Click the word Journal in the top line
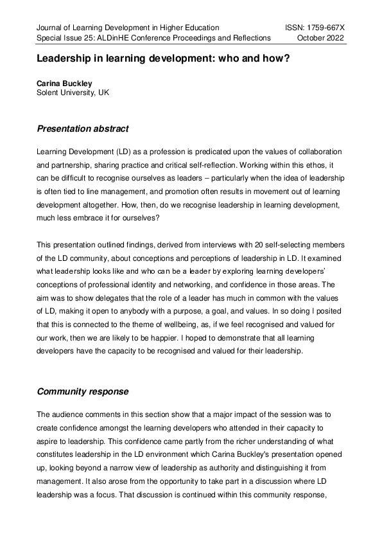pos(51,28)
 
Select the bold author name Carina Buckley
pos(65,84)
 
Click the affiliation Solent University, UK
pos(73,94)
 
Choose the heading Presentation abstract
pos(82,129)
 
